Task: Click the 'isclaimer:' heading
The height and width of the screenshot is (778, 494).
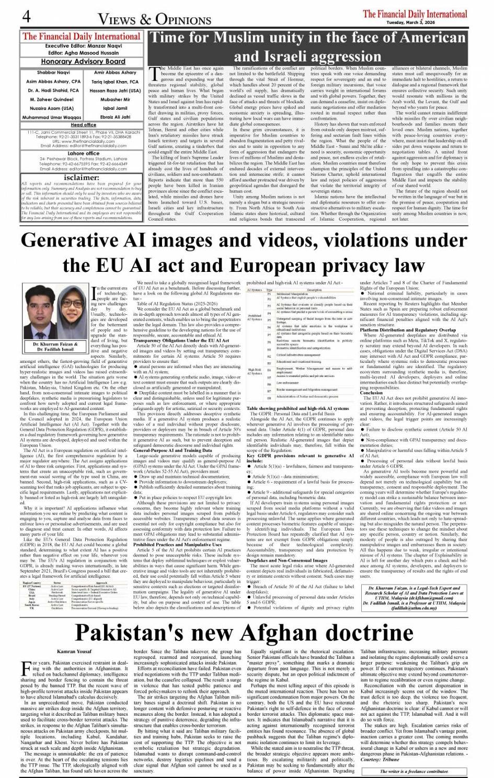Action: tap(82, 177)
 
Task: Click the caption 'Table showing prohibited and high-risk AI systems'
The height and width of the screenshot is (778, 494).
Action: tap(297, 408)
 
